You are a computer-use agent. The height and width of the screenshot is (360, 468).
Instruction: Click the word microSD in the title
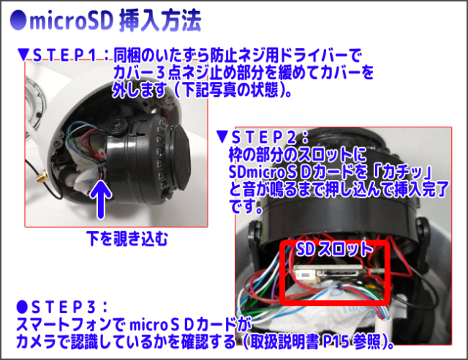pyautogui.click(x=71, y=20)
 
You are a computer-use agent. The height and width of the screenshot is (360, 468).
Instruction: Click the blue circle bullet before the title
pyautogui.click(x=18, y=20)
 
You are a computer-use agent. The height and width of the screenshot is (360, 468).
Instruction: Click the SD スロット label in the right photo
pyautogui.click(x=335, y=249)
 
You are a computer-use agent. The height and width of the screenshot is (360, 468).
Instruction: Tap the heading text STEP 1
pyautogui.click(x=64, y=56)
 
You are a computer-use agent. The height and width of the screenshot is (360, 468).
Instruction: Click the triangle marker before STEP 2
pyautogui.click(x=222, y=137)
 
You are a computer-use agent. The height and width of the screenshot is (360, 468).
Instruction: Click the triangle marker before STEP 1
pyautogui.click(x=23, y=55)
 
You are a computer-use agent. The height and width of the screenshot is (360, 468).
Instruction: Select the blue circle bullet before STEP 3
pyautogui.click(x=22, y=306)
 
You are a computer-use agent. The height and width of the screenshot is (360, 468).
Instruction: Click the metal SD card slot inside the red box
pyautogui.click(x=340, y=272)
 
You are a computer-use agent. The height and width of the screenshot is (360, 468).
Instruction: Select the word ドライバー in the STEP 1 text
pyautogui.click(x=313, y=55)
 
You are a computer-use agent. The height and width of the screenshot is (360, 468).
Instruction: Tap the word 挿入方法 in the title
pyautogui.click(x=160, y=21)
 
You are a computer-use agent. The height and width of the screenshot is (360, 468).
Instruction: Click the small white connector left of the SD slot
pyautogui.click(x=306, y=274)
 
